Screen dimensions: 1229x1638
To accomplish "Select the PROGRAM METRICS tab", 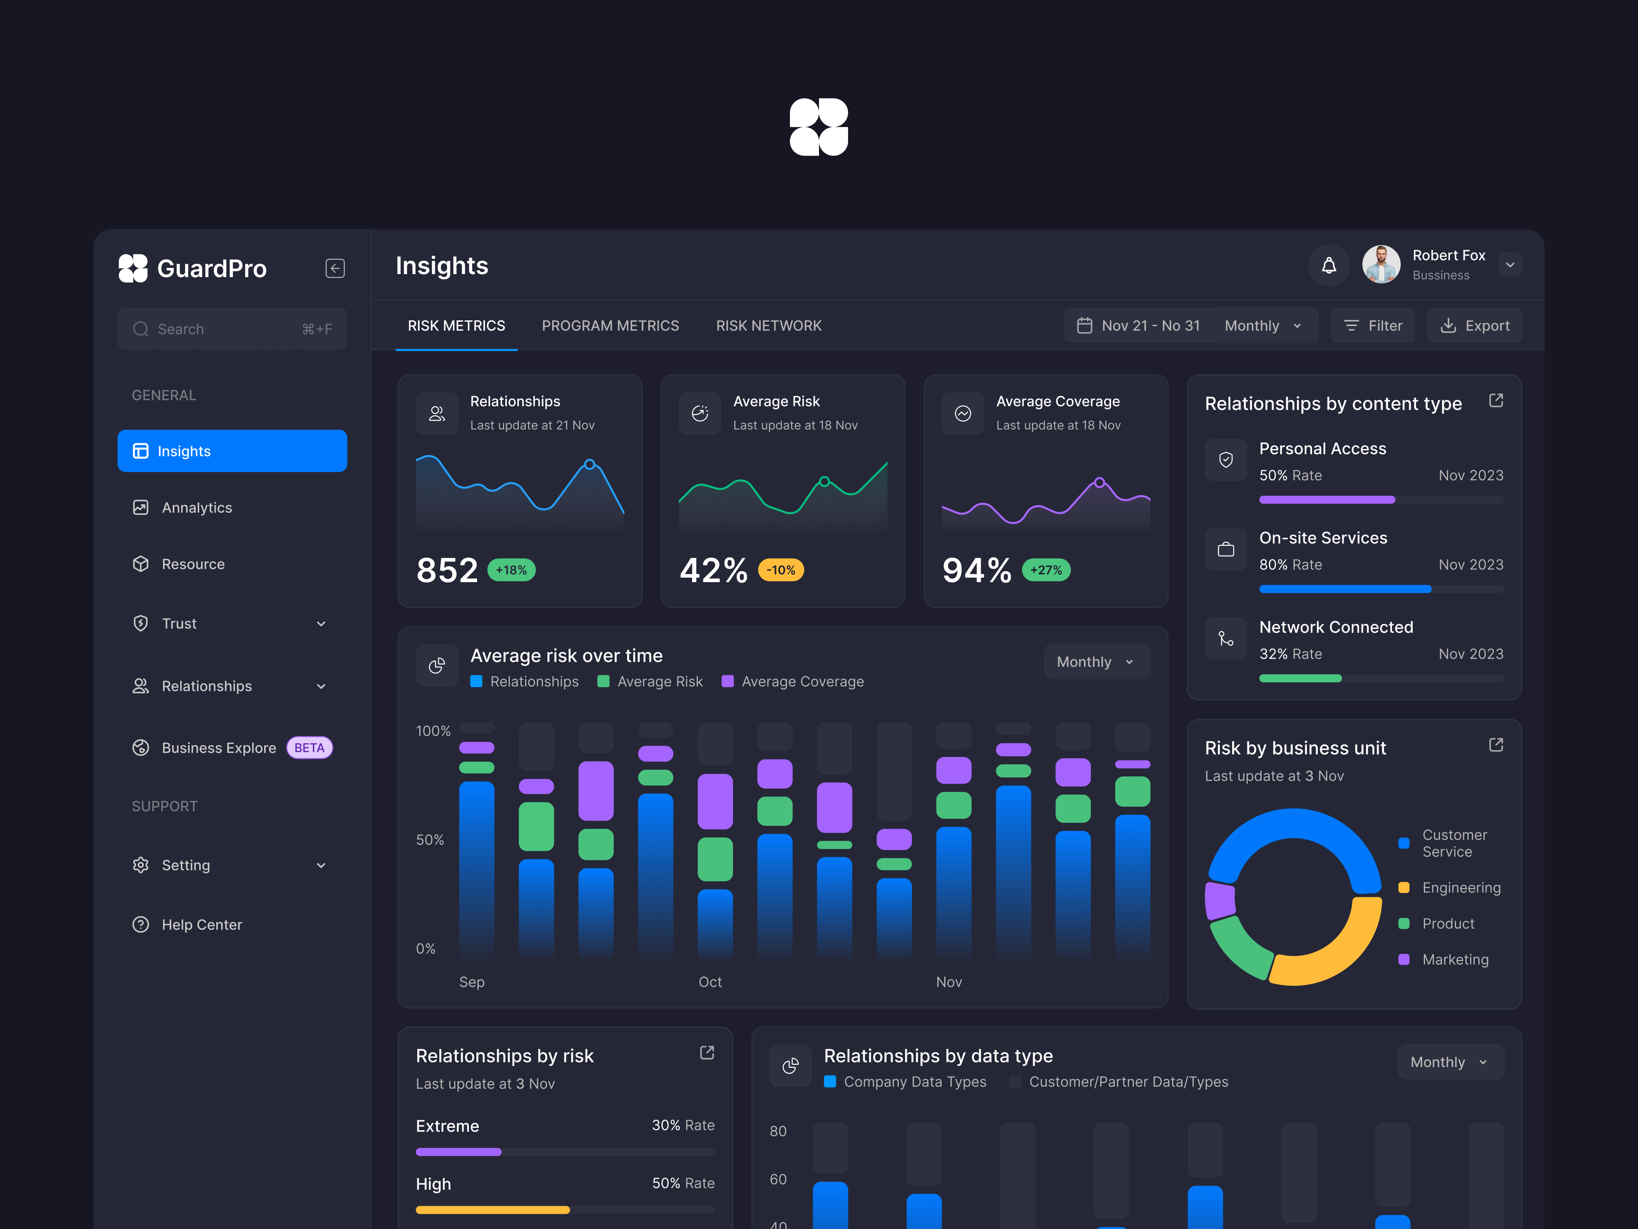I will pos(610,326).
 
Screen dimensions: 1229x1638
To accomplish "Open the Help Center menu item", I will pos(201,925).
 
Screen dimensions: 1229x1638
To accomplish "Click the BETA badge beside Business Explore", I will pos(310,748).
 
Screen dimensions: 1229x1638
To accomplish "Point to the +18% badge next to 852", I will pos(511,570).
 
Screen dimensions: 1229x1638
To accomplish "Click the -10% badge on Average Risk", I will pos(781,570).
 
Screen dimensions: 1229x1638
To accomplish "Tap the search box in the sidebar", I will pos(232,329).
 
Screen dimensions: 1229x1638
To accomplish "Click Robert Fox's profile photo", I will pos(1381,265).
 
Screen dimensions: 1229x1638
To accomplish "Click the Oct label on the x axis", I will pos(710,982).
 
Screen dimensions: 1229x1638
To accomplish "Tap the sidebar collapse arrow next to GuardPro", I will pos(335,268).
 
